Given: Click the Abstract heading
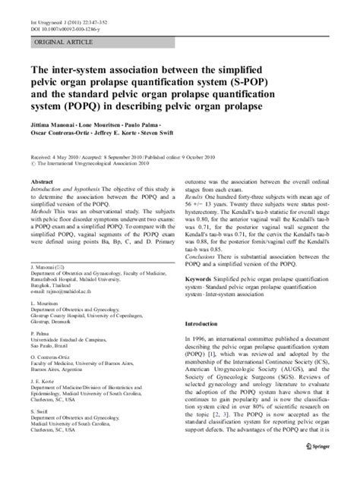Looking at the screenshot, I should (41, 184).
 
